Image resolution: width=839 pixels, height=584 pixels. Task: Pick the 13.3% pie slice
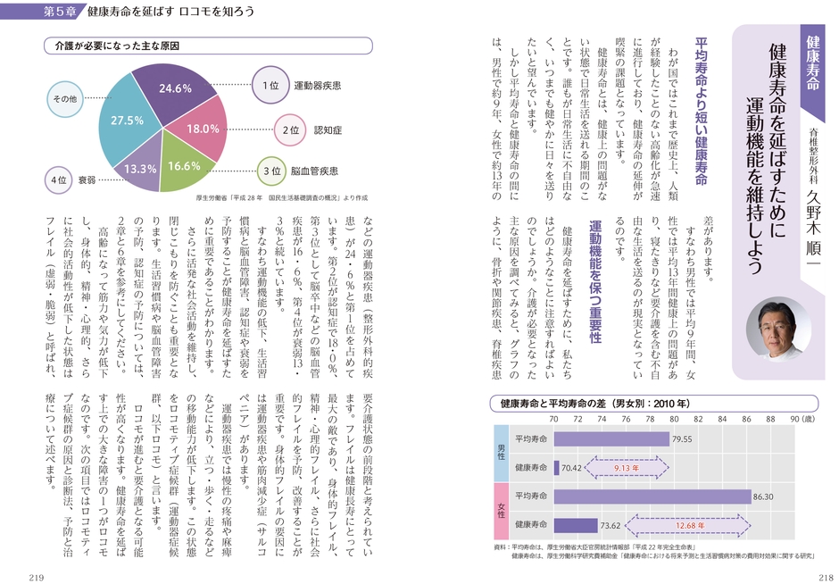tap(140, 167)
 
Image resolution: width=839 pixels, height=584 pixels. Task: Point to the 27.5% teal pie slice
tap(128, 121)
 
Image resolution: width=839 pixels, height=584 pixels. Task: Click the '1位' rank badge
tap(272, 86)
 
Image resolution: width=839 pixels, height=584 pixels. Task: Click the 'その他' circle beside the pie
tap(67, 99)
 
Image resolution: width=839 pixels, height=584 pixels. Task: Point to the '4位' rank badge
tap(58, 180)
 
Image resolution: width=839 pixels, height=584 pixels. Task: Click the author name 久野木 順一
tap(813, 222)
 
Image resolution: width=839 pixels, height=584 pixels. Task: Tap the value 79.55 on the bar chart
tap(683, 439)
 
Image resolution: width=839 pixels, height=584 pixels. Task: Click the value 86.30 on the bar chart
tap(764, 496)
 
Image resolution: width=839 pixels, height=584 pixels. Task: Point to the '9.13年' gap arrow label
tap(626, 467)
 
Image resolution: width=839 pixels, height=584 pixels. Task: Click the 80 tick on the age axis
tap(674, 418)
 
